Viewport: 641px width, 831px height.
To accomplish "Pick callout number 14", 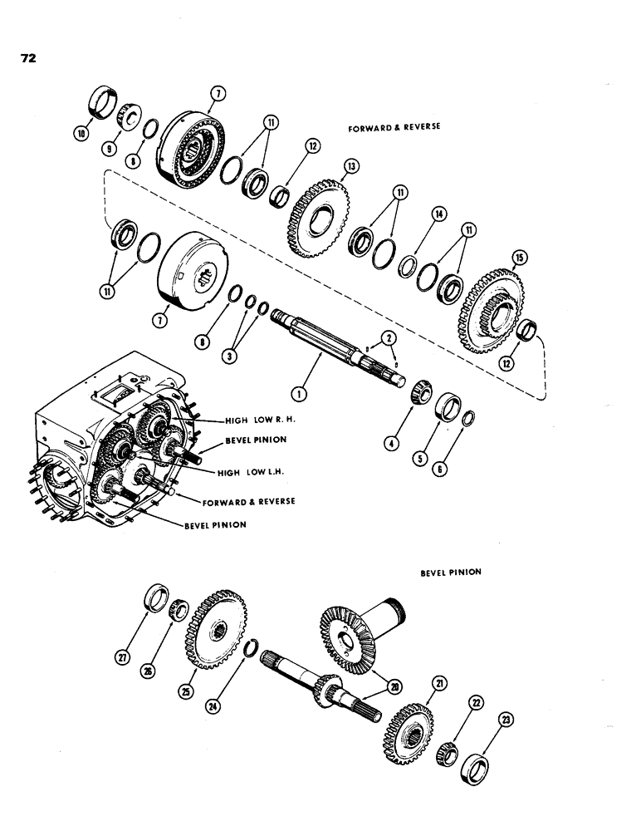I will [x=437, y=214].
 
